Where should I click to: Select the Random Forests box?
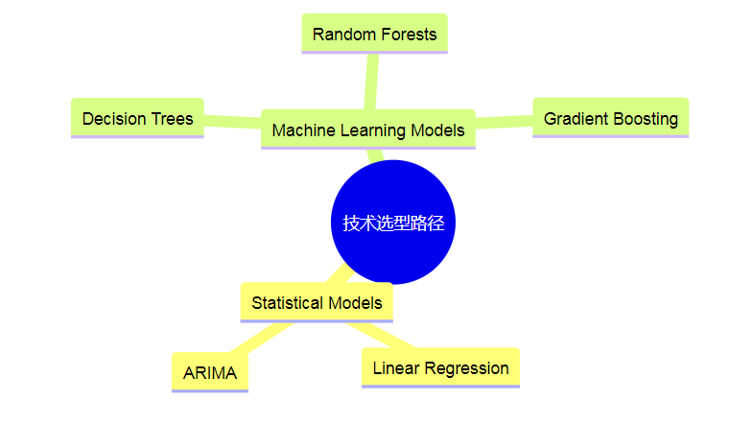[374, 34]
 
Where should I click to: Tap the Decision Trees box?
[137, 118]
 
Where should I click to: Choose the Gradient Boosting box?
[610, 118]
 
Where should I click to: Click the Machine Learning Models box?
[367, 130]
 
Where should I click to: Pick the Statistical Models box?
[317, 302]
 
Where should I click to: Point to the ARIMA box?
[209, 373]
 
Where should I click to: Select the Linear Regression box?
[440, 367]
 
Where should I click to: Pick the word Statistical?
[286, 302]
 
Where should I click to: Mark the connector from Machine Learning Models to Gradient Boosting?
[504, 122]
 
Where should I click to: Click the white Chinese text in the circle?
[393, 223]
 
